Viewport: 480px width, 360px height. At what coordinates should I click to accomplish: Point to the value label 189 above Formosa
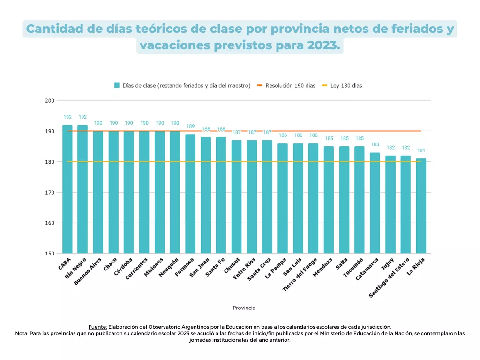(190, 126)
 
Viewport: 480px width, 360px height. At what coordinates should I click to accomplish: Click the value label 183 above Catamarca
(375, 144)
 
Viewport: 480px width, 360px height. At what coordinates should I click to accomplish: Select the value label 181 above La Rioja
(421, 150)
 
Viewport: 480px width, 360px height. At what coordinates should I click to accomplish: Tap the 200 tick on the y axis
(49, 101)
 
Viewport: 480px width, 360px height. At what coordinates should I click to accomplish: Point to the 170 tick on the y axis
(49, 193)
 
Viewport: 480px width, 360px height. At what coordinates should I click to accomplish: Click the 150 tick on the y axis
(49, 254)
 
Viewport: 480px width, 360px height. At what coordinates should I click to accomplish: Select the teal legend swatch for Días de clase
(117, 86)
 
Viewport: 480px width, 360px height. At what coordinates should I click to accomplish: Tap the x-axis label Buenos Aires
(88, 272)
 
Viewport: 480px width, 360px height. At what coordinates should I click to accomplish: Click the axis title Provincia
(244, 308)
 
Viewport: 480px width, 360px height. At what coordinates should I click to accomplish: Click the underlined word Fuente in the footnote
(97, 327)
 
